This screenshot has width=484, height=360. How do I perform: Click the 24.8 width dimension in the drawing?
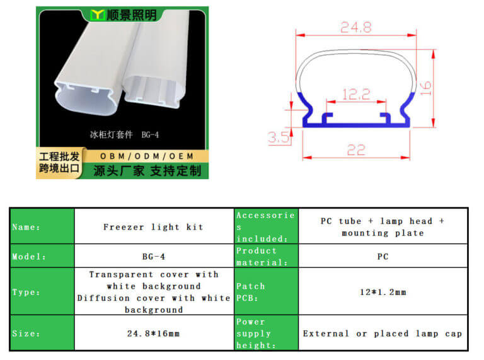click(356, 27)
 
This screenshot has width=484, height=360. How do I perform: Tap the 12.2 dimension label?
click(356, 94)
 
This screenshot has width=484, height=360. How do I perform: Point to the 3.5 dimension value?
click(279, 137)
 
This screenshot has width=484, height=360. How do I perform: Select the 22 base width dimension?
click(356, 150)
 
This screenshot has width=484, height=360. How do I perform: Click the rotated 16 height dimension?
click(426, 88)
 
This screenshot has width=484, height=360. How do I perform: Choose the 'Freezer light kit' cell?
click(153, 227)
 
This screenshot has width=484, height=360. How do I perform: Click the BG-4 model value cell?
click(154, 257)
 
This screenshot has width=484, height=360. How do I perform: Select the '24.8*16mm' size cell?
click(153, 334)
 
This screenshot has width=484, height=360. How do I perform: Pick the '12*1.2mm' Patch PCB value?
click(383, 292)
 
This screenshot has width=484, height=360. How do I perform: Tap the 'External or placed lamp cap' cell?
click(383, 334)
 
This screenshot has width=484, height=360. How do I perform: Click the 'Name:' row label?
click(26, 227)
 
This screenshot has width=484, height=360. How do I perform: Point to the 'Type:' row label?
click(26, 292)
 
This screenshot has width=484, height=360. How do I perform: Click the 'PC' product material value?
click(383, 257)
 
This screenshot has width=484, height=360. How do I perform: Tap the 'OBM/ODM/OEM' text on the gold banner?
click(147, 156)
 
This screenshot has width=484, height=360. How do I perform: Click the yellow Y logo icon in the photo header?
click(97, 15)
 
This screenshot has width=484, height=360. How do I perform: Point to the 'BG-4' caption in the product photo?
click(150, 135)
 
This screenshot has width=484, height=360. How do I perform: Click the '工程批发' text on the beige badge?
click(59, 156)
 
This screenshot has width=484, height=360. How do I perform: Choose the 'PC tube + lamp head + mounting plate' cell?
click(383, 227)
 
